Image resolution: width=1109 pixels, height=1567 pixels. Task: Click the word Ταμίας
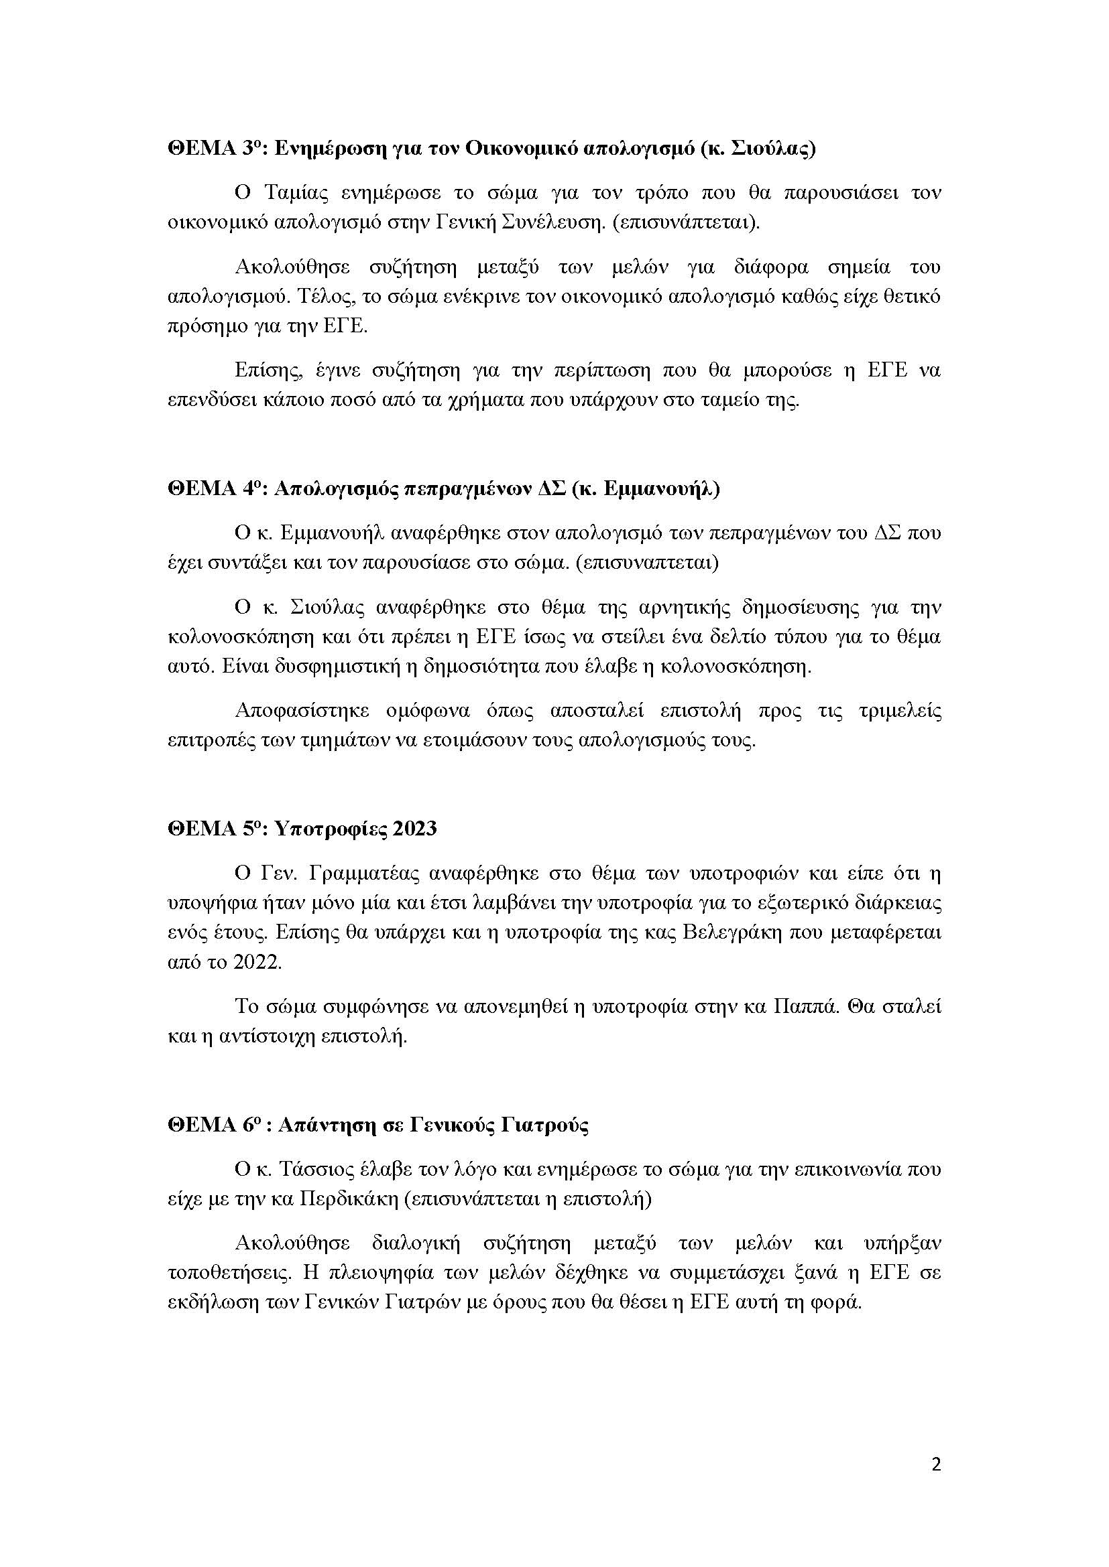click(x=292, y=193)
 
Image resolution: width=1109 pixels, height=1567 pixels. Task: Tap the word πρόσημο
click(x=202, y=327)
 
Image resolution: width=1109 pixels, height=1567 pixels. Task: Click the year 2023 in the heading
click(x=414, y=829)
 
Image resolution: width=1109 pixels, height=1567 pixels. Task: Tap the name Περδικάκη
click(x=349, y=1199)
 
